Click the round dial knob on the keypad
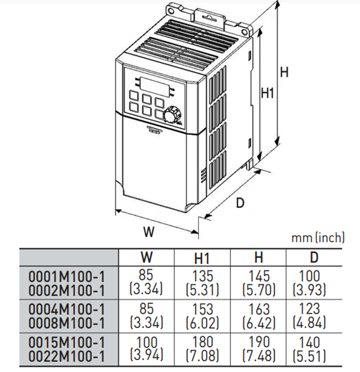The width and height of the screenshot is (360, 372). tap(171, 114)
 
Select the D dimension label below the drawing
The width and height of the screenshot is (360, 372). tap(240, 203)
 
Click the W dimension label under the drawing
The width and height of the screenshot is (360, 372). tap(149, 231)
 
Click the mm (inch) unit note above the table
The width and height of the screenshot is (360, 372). tap(318, 237)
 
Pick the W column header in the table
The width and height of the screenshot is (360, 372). tap(146, 257)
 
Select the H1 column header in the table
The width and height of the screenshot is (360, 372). tap(202, 258)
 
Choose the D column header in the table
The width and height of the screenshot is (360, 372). tap(314, 257)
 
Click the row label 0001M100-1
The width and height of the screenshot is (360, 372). tap(67, 277)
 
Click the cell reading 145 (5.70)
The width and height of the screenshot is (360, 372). tap(259, 283)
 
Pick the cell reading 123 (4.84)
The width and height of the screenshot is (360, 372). tap(309, 315)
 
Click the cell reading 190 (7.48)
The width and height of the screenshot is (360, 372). tap(259, 349)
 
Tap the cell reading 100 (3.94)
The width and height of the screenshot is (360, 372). tap(147, 349)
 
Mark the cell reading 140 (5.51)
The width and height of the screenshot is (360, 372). tap(309, 349)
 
